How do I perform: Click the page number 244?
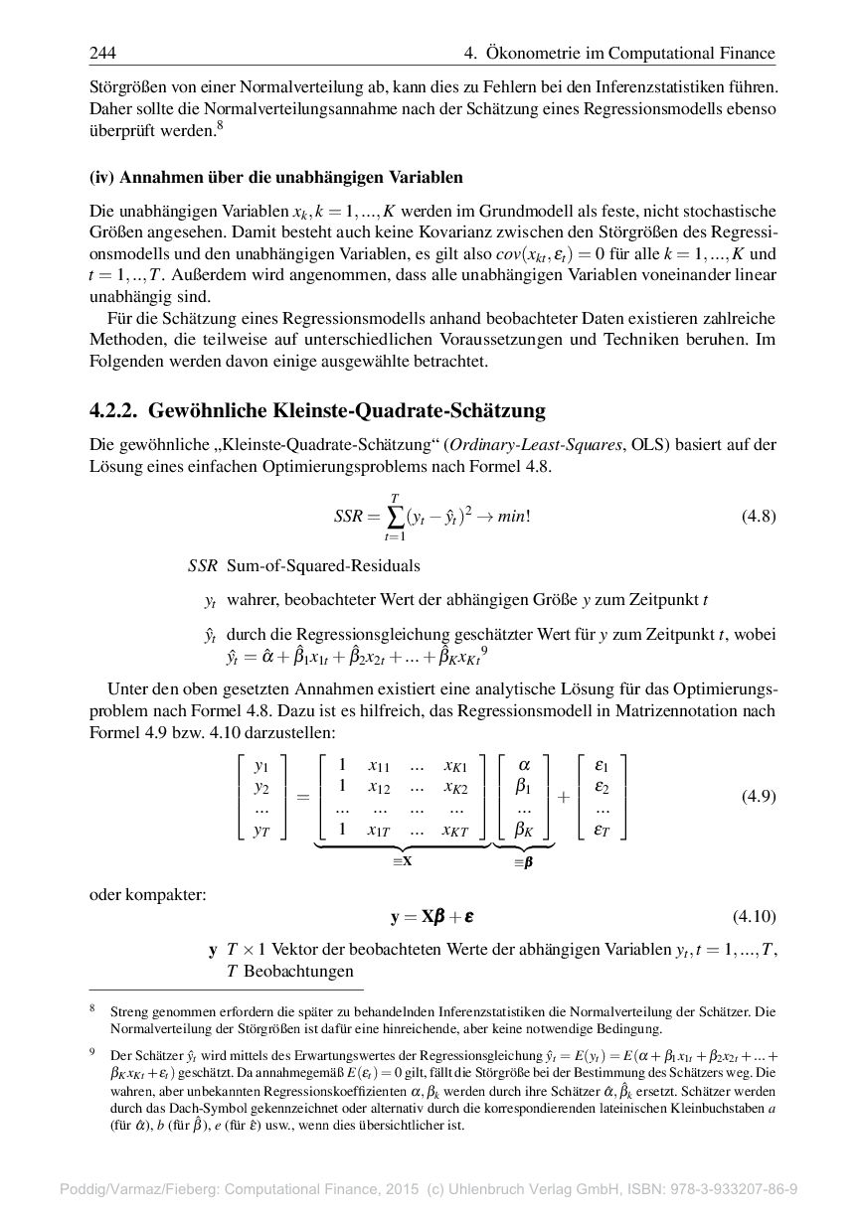(102, 53)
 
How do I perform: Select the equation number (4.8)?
(759, 516)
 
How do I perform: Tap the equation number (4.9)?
(759, 797)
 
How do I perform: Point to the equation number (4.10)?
(755, 915)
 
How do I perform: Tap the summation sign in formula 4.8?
(396, 517)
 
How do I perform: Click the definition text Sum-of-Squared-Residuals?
(323, 565)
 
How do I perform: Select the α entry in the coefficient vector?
(525, 765)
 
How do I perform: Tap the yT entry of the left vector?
(261, 831)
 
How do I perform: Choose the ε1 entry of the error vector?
(602, 766)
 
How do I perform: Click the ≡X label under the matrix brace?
(402, 861)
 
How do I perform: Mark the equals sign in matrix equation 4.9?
(302, 798)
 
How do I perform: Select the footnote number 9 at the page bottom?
(90, 1052)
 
